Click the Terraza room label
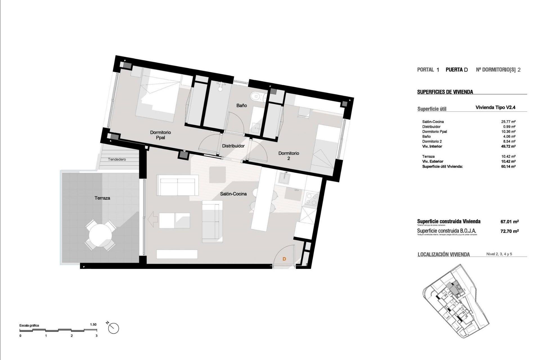(x=102, y=198)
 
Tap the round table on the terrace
(x=100, y=235)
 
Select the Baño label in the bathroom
(x=241, y=105)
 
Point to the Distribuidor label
(x=233, y=146)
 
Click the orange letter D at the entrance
(x=284, y=259)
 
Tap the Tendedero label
(x=117, y=159)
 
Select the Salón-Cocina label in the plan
(x=233, y=194)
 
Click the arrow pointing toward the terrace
(x=152, y=220)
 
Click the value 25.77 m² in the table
(x=508, y=122)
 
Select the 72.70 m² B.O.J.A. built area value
(x=509, y=231)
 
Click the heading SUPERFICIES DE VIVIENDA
(x=445, y=92)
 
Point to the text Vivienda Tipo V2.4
(x=495, y=107)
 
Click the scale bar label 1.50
(x=93, y=325)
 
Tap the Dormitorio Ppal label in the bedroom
(x=160, y=135)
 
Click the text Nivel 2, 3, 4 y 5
(x=499, y=254)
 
